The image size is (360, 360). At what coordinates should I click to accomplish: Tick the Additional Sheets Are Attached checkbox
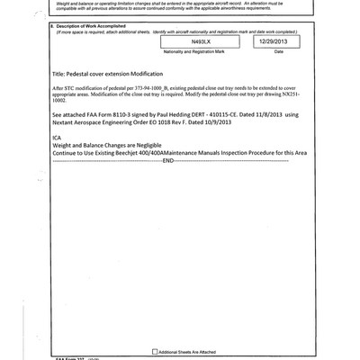point(153,351)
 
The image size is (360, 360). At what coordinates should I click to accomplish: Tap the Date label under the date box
point(278,52)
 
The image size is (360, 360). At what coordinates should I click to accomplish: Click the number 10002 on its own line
point(61,106)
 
